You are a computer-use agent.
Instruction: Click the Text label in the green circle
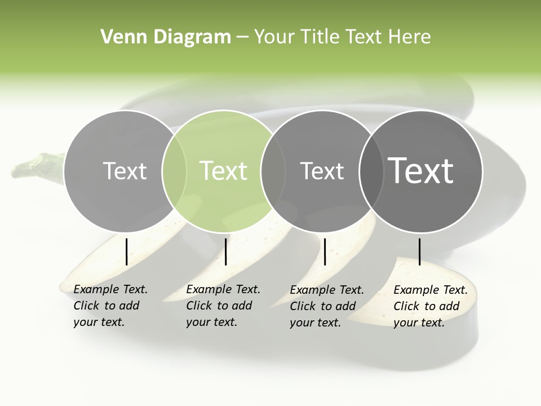224,170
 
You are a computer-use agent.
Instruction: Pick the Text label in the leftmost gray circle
125,170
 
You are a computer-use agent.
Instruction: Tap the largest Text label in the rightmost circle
421,170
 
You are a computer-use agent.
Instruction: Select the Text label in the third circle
322,170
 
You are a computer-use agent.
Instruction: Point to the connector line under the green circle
225,251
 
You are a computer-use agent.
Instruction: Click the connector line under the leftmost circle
126,251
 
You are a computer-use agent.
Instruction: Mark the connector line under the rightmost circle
419,251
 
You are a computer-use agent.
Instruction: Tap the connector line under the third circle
325,251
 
